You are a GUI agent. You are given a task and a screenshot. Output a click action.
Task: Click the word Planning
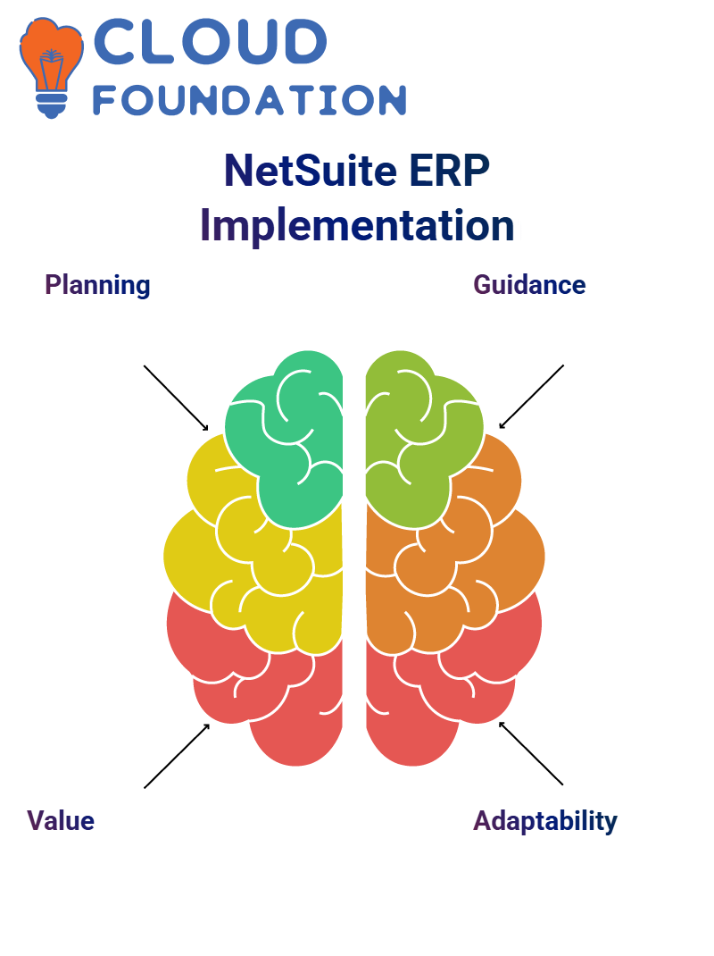point(97,285)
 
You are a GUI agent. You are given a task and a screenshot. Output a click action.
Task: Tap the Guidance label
point(529,285)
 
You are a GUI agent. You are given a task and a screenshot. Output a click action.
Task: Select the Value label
point(61,821)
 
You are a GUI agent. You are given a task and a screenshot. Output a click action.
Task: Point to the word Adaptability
point(545,822)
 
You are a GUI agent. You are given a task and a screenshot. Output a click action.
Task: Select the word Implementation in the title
point(357,225)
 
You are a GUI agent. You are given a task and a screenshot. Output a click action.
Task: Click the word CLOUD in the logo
point(210,41)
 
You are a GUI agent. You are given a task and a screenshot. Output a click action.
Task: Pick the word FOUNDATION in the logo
point(249,100)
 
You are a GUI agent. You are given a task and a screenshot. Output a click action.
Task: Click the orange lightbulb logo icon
point(51,67)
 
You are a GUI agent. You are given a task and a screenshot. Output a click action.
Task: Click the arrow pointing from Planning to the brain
point(176,398)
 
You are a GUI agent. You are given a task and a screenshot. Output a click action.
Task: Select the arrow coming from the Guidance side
point(531,397)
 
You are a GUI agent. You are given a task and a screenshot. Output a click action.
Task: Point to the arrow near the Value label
point(177,756)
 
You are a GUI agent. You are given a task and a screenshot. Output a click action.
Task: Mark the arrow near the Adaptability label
point(531,753)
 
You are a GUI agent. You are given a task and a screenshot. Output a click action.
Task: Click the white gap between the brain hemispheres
point(354,549)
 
